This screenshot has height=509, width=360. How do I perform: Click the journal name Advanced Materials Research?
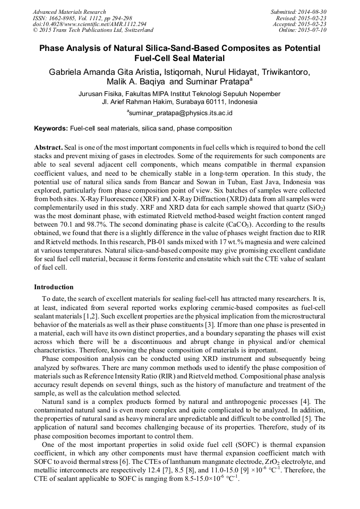click(69, 12)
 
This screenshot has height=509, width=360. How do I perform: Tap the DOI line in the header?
click(89, 24)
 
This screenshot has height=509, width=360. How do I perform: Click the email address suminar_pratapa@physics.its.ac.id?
click(181, 113)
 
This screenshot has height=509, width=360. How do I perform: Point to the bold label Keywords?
click(51, 128)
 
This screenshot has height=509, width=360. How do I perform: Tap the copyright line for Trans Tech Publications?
click(84, 30)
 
